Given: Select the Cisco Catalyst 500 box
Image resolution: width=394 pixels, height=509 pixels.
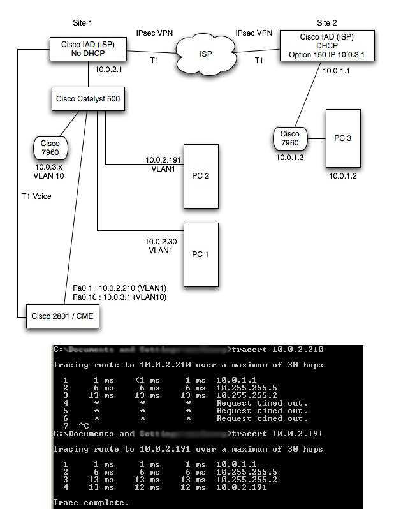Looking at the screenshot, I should click(x=87, y=99).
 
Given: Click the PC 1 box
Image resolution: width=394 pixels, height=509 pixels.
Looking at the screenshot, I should click(x=200, y=253).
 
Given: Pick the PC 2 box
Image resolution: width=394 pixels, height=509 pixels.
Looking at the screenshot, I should click(x=200, y=175).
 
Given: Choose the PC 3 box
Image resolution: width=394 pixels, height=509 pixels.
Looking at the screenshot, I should click(x=343, y=137).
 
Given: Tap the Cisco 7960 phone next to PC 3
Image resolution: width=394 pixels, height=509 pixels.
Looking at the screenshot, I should click(x=289, y=138).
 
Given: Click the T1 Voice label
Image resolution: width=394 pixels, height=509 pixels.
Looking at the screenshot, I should click(x=36, y=196).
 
